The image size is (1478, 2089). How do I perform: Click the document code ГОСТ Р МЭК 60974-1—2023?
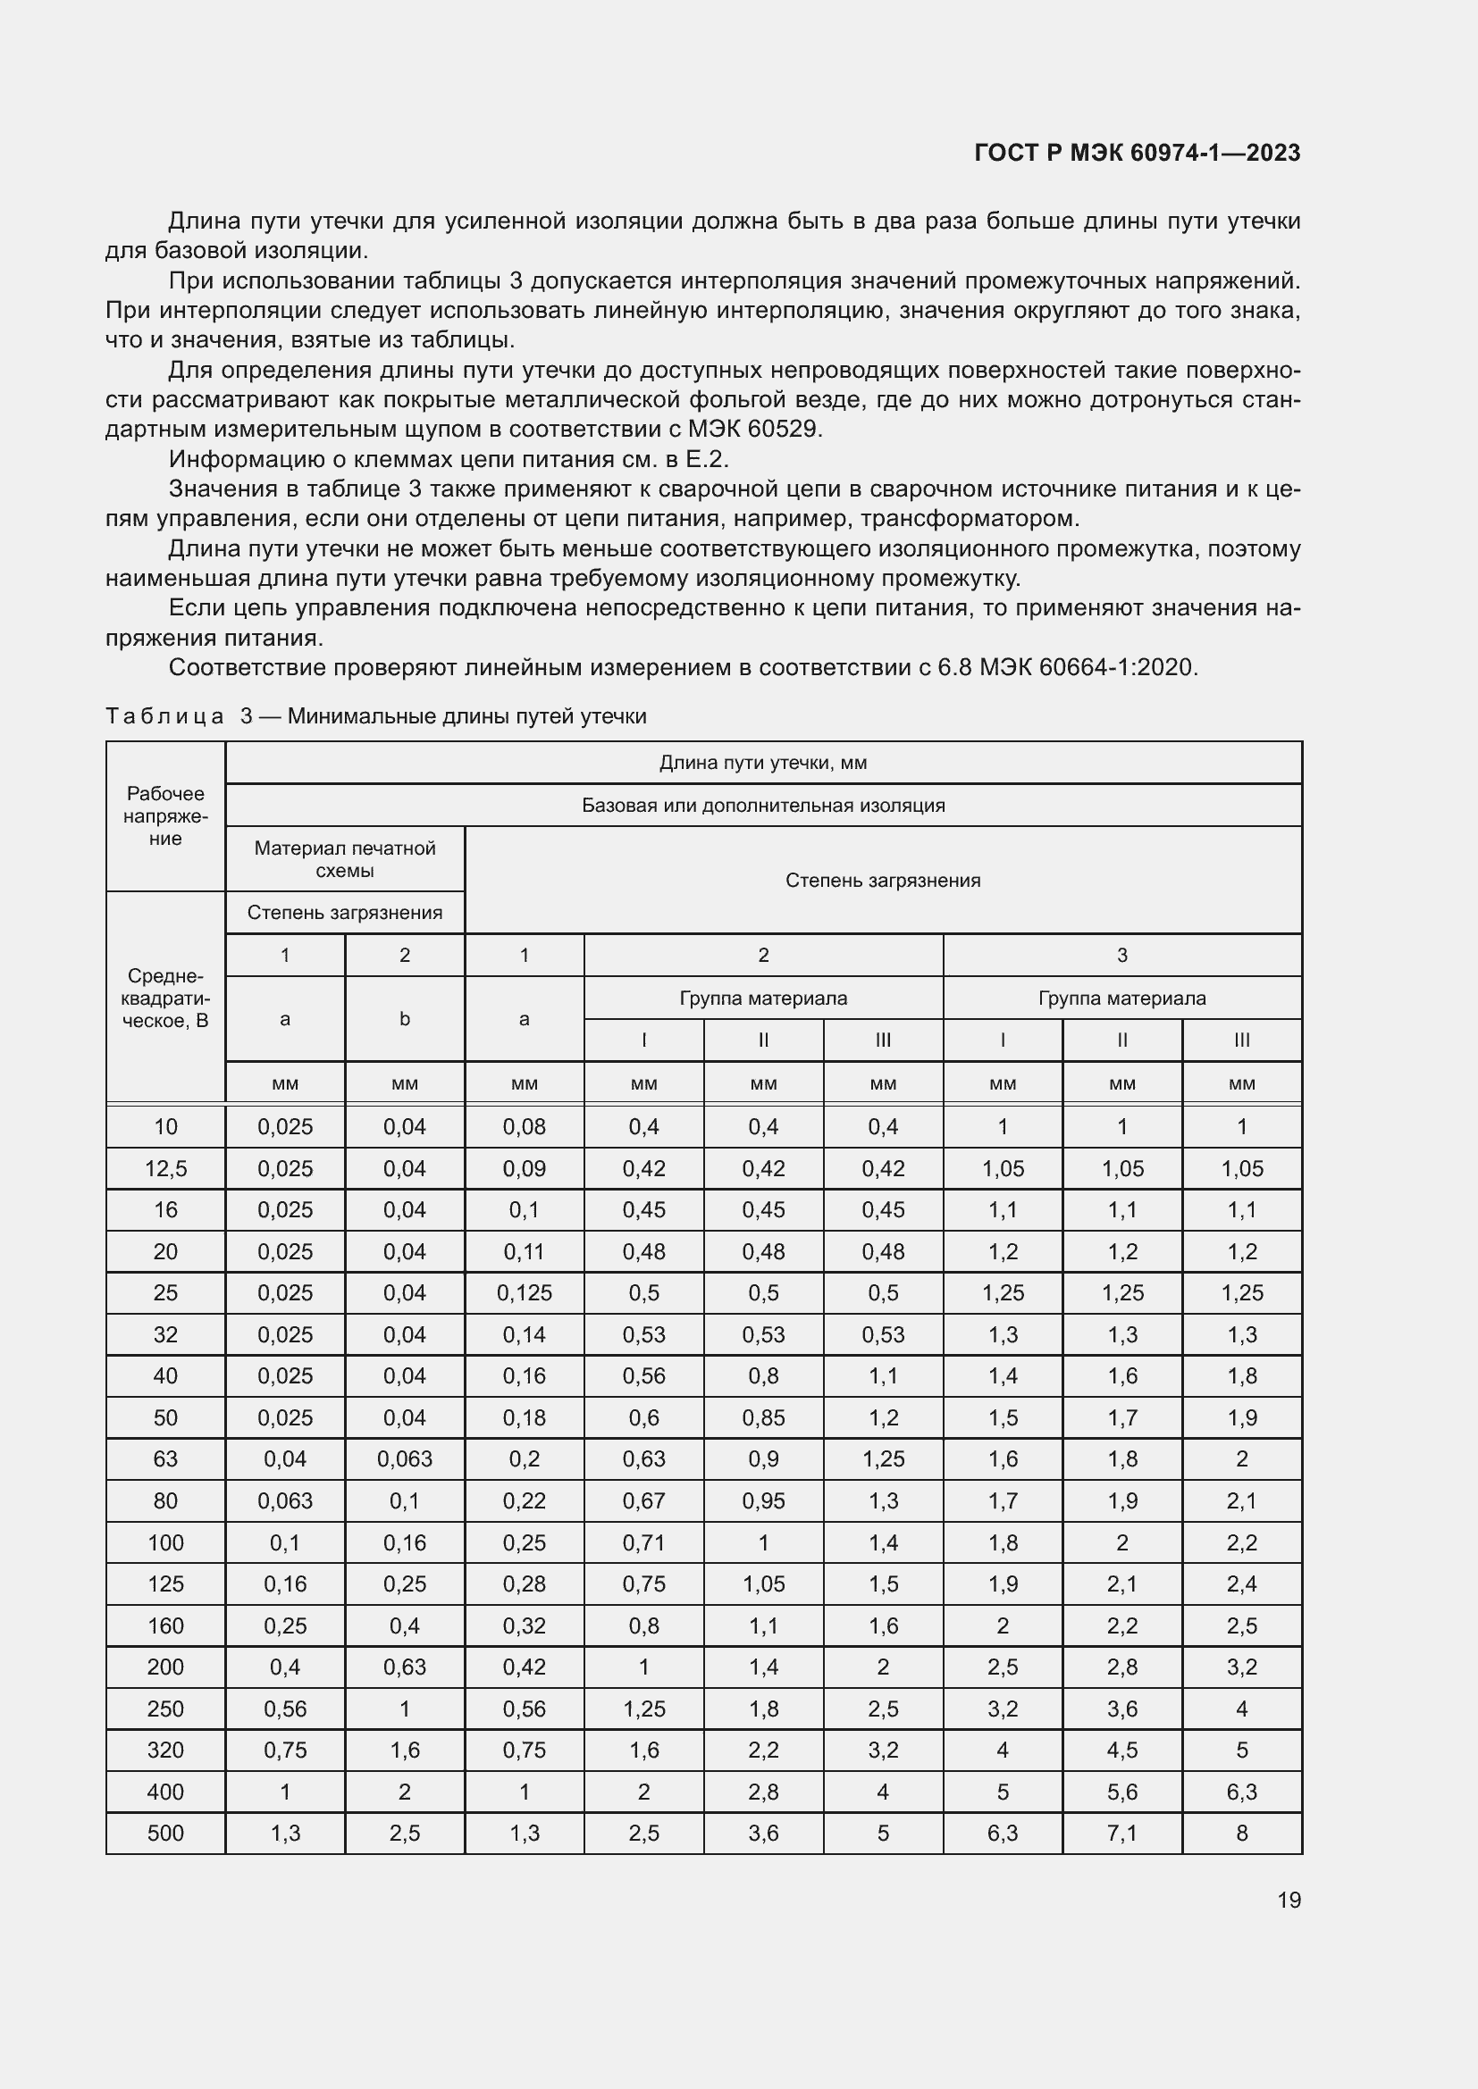click(x=1137, y=153)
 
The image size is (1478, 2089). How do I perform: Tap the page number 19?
click(x=1289, y=1900)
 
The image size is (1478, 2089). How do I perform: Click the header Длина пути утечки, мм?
click(x=762, y=763)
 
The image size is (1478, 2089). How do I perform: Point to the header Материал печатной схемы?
click(x=345, y=859)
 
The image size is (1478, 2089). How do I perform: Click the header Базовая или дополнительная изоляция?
click(x=762, y=806)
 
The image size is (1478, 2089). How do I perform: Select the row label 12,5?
click(x=165, y=1168)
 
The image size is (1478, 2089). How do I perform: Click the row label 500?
click(x=165, y=1833)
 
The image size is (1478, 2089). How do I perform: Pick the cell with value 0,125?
click(x=525, y=1293)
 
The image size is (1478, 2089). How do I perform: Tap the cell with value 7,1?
click(x=1122, y=1833)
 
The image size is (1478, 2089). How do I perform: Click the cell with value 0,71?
click(x=643, y=1542)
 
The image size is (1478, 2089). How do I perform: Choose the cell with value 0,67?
click(x=643, y=1500)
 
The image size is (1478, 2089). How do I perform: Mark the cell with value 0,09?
click(x=525, y=1168)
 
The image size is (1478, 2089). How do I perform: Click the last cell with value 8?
click(x=1241, y=1833)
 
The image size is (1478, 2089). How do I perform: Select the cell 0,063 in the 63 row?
click(x=405, y=1458)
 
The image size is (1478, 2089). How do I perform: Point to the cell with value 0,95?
click(x=762, y=1500)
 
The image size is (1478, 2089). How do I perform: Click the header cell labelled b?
click(x=405, y=1019)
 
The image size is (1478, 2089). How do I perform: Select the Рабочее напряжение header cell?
click(x=165, y=816)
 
